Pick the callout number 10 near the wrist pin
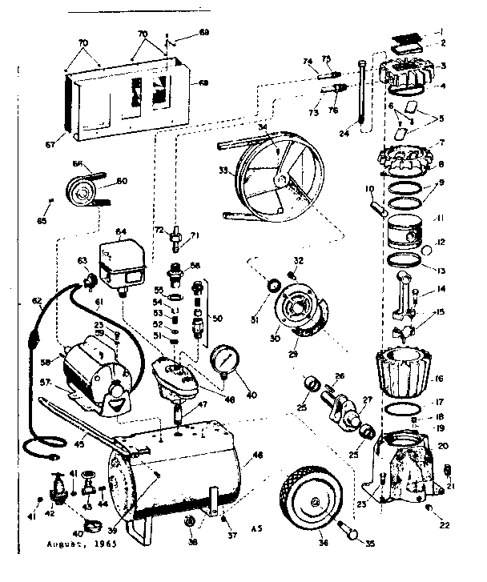click(x=370, y=190)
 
